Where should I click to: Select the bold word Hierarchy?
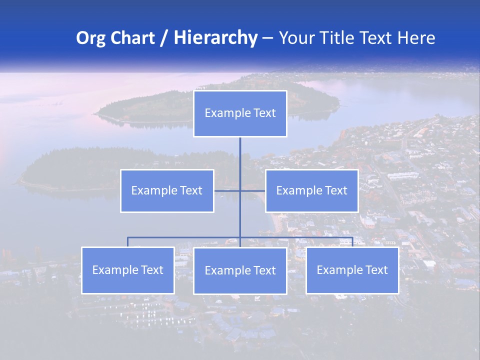215,38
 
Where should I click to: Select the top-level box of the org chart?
240,113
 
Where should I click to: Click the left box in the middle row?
167,191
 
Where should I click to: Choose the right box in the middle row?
311,191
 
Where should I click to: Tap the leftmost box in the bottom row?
128,270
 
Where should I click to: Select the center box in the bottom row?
240,271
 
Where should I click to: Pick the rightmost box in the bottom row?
352,270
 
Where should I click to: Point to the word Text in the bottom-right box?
376,270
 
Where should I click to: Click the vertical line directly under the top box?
240,155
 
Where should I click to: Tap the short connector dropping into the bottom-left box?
127,242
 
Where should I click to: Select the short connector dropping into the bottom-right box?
352,242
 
